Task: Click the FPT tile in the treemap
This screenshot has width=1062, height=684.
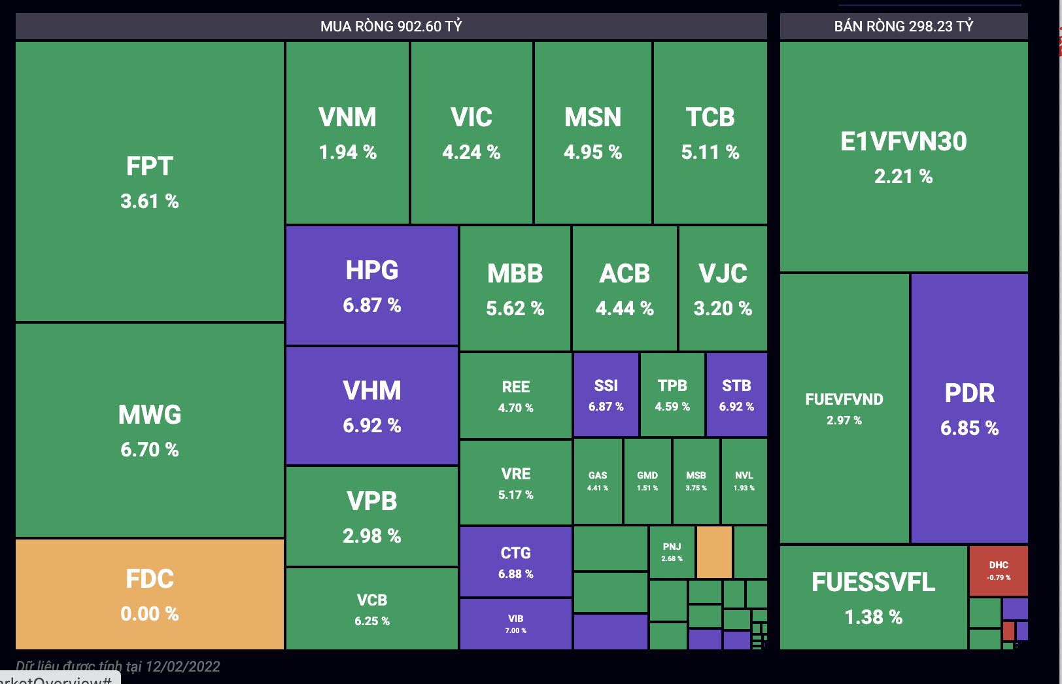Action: pos(150,182)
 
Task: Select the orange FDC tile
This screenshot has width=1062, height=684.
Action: pos(150,594)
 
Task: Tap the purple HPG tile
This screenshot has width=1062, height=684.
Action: pos(371,286)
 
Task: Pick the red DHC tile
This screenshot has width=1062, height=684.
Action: pos(998,570)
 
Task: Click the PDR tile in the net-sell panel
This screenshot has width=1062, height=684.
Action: pos(969,408)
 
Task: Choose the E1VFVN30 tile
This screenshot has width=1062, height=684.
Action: pos(903,157)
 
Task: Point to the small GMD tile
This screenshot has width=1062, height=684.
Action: pos(647,481)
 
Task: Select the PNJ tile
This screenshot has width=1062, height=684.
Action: pos(672,552)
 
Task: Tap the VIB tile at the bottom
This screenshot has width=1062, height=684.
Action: pos(515,623)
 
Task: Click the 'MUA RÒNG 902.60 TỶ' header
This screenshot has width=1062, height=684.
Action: pos(391,26)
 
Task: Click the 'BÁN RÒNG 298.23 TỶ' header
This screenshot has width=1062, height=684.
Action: pos(903,26)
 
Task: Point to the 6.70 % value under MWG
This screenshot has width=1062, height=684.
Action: pos(150,450)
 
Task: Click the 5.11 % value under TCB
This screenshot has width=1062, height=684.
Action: pos(710,152)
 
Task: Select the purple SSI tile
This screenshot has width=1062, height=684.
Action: pos(606,394)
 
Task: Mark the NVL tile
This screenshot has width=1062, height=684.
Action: pos(744,481)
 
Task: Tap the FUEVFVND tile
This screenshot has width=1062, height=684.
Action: pos(844,408)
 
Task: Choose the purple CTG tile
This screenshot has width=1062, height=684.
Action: pos(515,562)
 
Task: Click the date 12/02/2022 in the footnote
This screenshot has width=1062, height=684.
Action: pos(182,666)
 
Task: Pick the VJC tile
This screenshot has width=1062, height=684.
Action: pos(723,288)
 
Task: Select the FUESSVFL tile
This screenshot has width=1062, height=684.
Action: pos(873,598)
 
